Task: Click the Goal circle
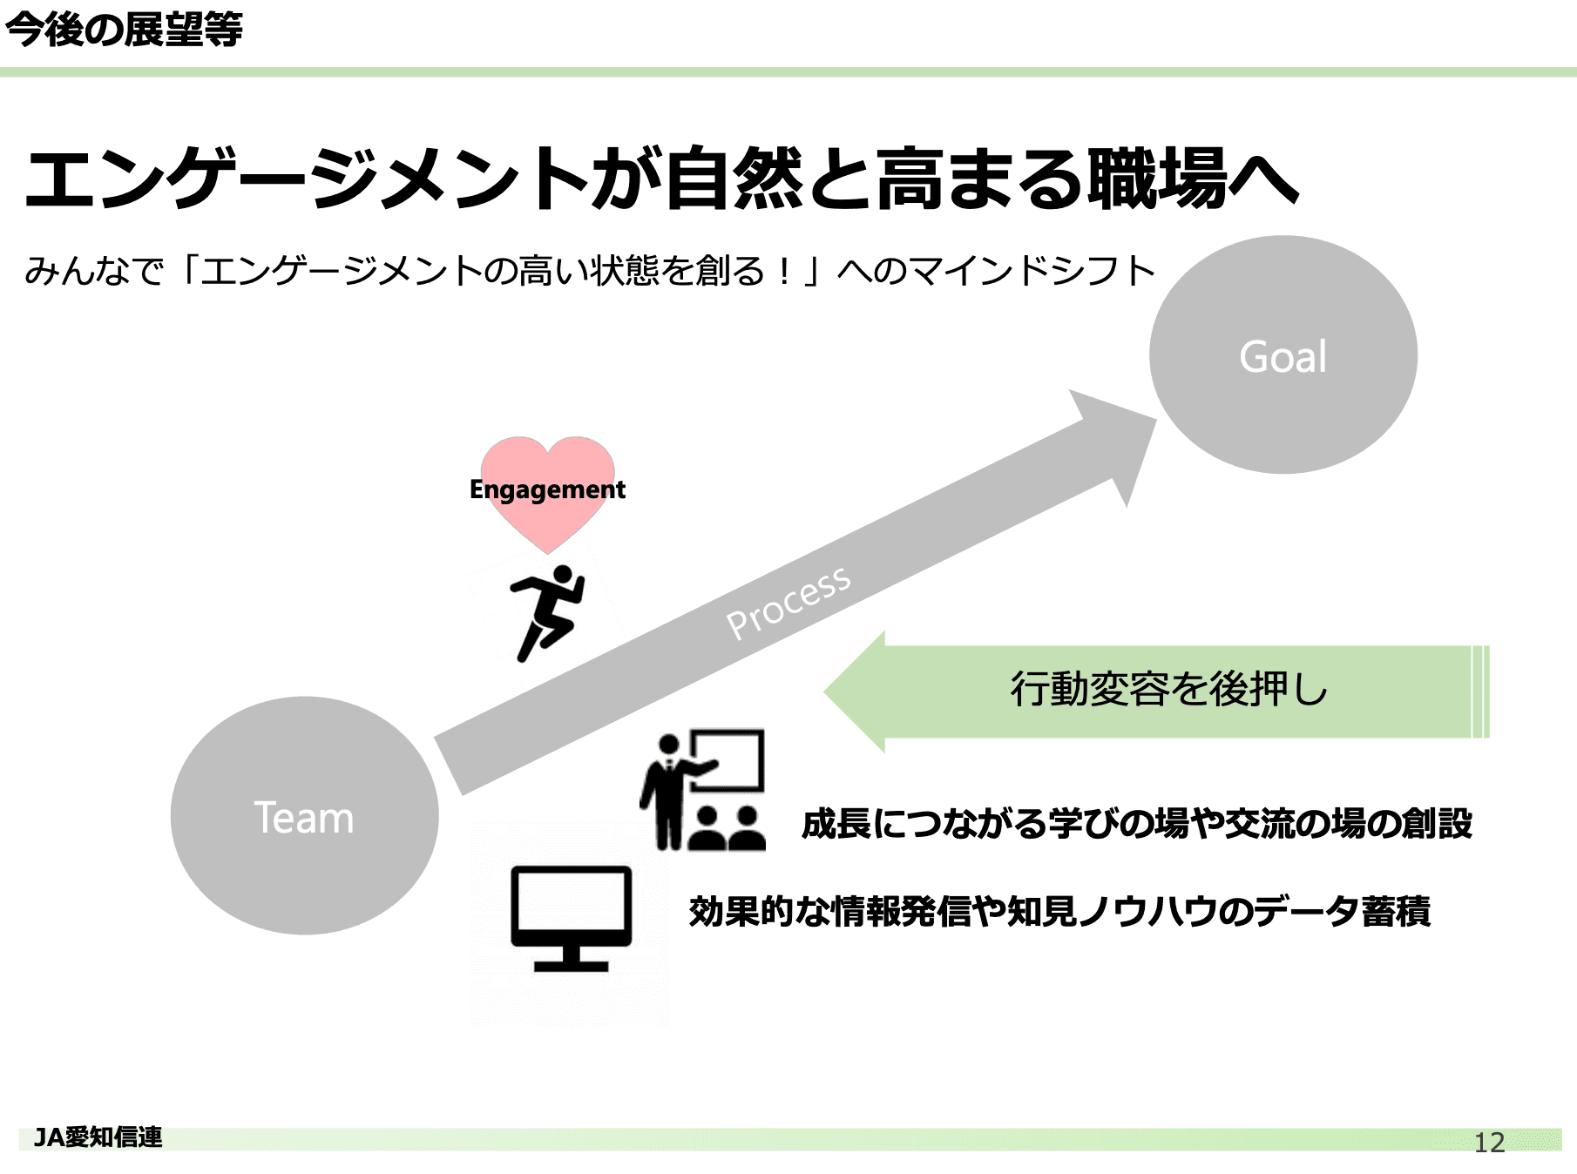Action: [1283, 355]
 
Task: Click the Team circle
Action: [304, 816]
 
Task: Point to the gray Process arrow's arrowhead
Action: [1120, 441]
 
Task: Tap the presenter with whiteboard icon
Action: [702, 791]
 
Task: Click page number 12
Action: [1489, 1142]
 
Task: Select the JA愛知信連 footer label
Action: [98, 1137]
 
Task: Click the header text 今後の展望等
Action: [124, 30]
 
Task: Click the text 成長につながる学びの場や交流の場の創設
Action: [1137, 824]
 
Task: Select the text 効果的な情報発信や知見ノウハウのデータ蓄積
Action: [1059, 912]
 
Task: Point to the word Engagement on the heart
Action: [547, 489]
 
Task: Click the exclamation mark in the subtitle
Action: [785, 272]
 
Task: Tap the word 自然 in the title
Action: [734, 179]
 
